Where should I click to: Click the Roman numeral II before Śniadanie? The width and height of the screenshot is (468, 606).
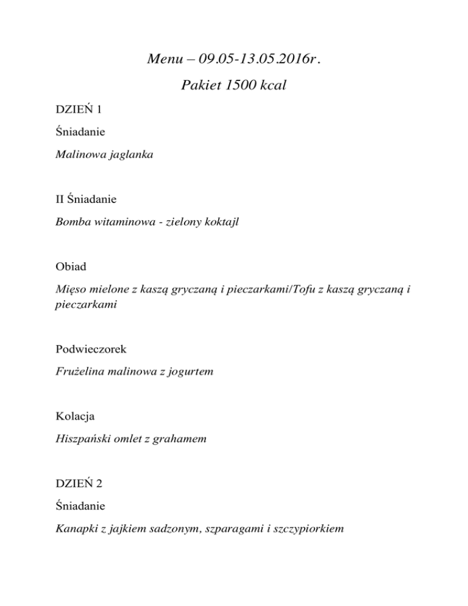point(59,199)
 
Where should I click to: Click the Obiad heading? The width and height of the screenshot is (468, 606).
point(69,266)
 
